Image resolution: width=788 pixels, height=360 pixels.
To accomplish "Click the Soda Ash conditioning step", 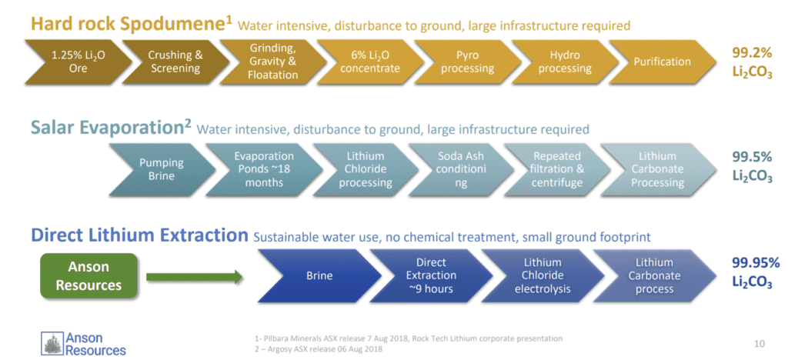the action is click(461, 169).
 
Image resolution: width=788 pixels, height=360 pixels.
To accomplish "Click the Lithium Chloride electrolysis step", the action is click(543, 275).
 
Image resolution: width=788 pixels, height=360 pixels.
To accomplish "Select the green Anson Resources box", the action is click(88, 275).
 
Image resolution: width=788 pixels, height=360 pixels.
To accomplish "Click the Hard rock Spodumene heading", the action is click(132, 23).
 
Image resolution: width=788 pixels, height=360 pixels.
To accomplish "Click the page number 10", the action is click(760, 344).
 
